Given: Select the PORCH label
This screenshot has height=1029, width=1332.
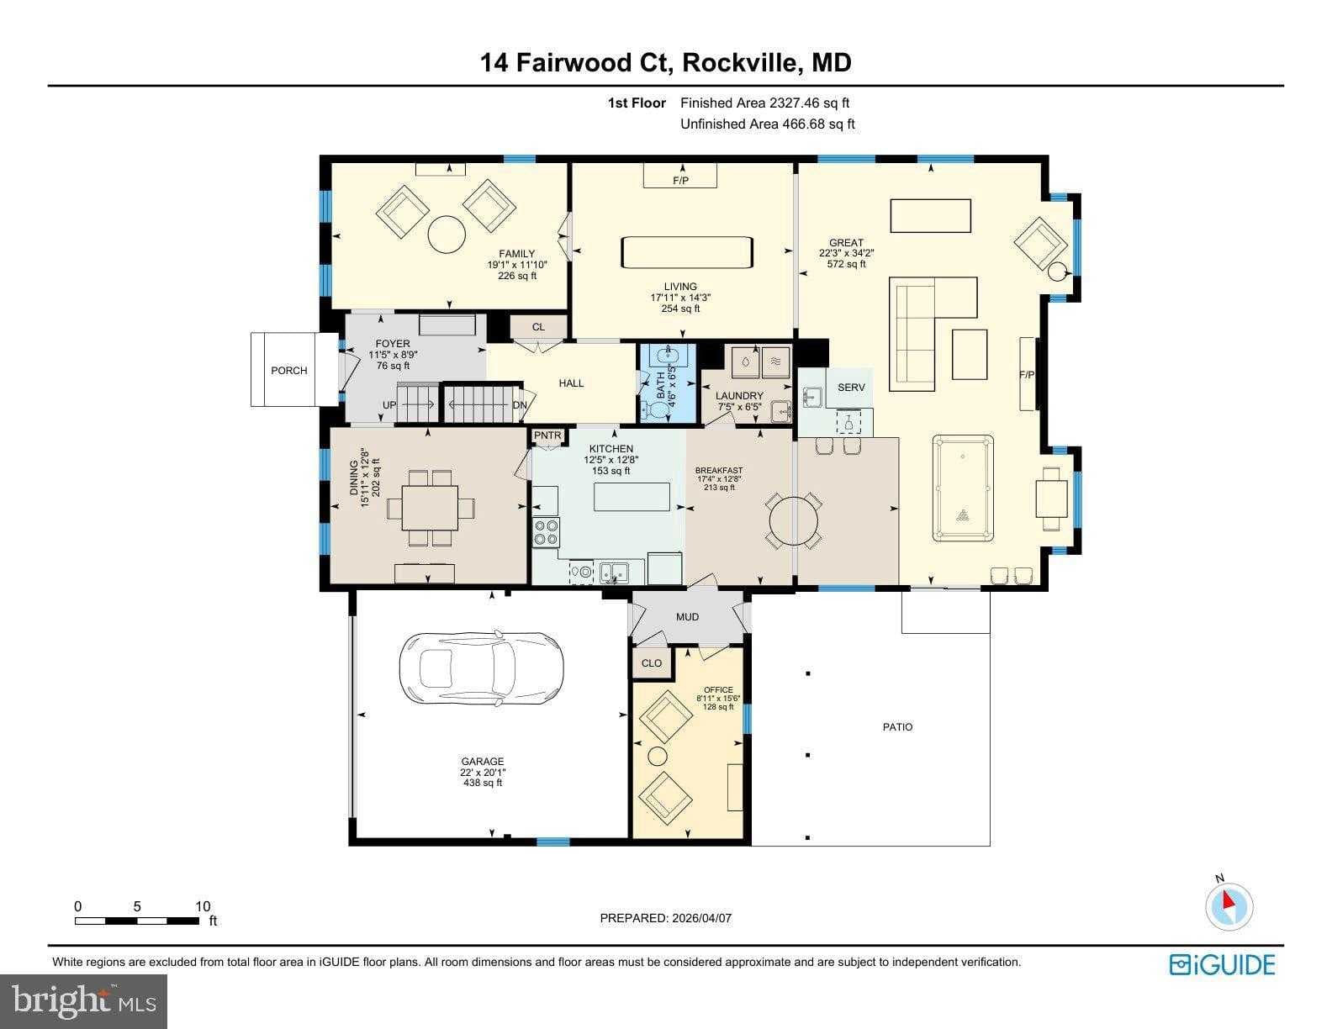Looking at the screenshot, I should [288, 371].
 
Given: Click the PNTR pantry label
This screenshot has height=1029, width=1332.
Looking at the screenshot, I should [547, 435].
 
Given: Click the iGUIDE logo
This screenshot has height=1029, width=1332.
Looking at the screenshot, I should [1222, 964].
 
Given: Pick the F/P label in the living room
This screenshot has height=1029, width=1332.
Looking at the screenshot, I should [680, 181].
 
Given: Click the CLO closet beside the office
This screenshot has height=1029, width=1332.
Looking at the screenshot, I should [652, 662].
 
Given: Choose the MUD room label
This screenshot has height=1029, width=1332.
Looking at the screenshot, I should [687, 617].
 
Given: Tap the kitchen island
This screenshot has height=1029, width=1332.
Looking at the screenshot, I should [632, 496].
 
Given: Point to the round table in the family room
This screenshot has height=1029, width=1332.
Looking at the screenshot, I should [447, 235].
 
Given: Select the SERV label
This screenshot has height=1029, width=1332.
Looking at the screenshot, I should [851, 388].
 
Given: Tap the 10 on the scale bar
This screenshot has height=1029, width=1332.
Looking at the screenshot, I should [202, 906].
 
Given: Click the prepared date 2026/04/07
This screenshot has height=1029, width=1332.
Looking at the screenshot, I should [701, 918].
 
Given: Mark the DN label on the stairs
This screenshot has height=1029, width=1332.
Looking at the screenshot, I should [520, 404].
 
